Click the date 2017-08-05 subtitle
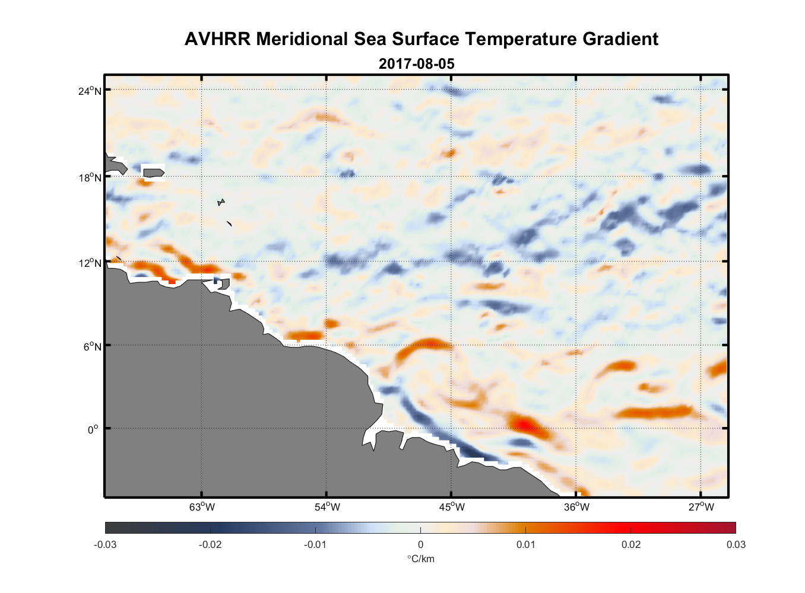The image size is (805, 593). [416, 64]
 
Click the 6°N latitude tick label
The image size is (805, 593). [93, 346]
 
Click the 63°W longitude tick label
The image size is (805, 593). [202, 507]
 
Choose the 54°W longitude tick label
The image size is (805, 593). [327, 507]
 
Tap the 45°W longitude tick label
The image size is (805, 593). [452, 507]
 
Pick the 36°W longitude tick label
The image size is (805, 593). [576, 507]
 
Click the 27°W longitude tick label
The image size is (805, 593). [701, 507]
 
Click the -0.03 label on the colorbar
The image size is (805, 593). [105, 545]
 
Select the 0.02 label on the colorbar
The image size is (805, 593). [630, 545]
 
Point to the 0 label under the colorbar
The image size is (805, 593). [420, 545]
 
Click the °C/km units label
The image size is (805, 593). [420, 559]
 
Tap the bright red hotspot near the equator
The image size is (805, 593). [522, 423]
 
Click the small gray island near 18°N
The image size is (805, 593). [153, 173]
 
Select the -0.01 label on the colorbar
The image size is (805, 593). [315, 545]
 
